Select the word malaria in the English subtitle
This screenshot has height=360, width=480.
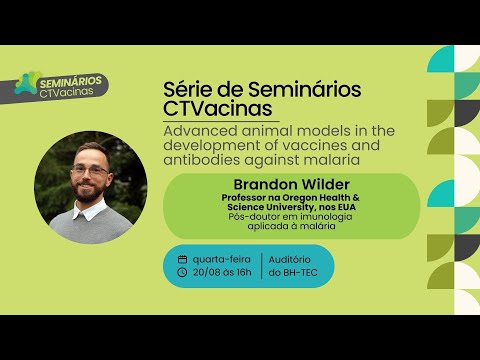click(x=322, y=160)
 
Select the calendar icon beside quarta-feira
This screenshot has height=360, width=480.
click(x=182, y=259)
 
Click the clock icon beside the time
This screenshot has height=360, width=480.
click(x=182, y=271)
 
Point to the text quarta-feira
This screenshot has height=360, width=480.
click(x=220, y=259)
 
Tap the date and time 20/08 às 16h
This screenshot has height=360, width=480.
click(x=222, y=271)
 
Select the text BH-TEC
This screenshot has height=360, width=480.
click(x=304, y=271)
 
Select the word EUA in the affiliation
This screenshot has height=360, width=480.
click(x=343, y=207)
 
